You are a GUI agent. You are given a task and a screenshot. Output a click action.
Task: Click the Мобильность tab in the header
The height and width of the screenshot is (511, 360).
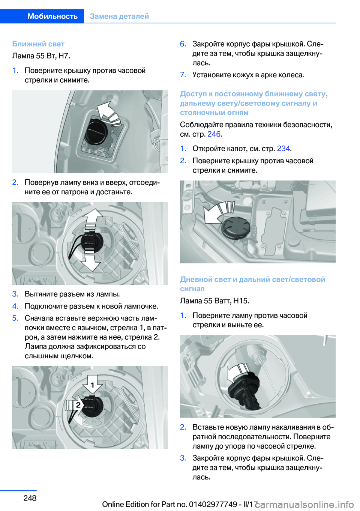(52, 16)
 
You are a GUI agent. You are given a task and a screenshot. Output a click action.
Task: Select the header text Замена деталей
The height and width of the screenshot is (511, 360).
(119, 16)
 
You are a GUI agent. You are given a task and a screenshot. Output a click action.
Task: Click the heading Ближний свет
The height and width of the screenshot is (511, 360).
(38, 44)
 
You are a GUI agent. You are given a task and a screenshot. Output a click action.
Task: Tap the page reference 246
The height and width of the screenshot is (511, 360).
(214, 134)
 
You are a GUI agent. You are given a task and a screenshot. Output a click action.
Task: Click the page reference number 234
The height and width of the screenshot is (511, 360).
(283, 149)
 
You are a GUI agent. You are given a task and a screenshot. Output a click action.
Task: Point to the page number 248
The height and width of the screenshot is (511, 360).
(30, 498)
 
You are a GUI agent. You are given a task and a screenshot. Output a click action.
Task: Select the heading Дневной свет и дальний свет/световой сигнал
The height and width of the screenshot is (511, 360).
(252, 284)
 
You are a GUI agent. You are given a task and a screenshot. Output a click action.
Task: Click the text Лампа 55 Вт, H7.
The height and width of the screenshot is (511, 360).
(41, 56)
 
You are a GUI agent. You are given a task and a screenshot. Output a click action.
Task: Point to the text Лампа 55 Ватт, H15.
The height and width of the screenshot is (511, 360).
(214, 301)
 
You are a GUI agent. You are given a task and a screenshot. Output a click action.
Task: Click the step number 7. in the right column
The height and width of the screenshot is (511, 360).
(183, 75)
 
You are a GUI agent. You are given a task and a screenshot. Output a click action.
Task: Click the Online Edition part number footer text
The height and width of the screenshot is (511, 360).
(180, 504)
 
